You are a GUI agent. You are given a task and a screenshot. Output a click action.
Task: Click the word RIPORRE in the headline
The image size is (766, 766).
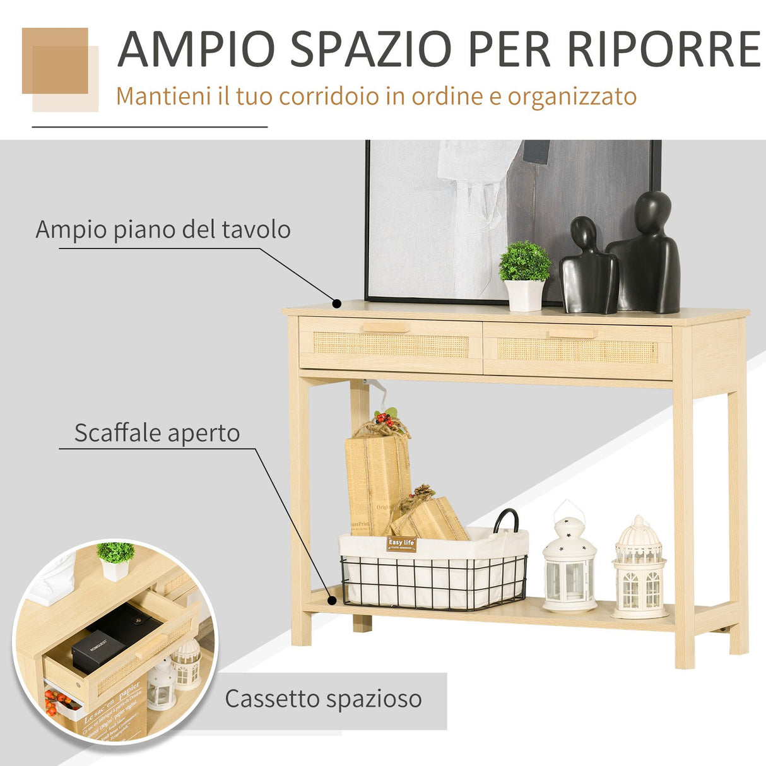pyautogui.click(x=663, y=49)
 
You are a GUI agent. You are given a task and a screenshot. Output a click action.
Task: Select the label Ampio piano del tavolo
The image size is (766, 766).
pyautogui.click(x=163, y=229)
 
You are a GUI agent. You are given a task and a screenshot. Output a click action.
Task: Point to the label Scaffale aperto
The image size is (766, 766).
pyautogui.click(x=157, y=433)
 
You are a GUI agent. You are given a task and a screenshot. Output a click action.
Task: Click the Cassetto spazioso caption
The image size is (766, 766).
pyautogui.click(x=323, y=699)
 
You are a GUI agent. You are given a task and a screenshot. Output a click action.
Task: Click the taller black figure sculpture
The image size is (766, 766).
pyautogui.click(x=647, y=252)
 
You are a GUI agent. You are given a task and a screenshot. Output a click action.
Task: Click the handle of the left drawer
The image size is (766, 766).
pyautogui.click(x=386, y=328)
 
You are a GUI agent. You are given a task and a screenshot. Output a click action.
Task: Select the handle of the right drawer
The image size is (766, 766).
pyautogui.click(x=572, y=333)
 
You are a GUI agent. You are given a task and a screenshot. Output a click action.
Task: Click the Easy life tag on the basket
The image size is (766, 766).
pyautogui.click(x=401, y=543)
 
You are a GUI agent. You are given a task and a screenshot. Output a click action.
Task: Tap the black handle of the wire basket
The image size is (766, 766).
pyautogui.click(x=506, y=521)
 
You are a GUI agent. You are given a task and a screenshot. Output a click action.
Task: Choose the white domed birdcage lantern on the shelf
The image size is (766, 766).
pyautogui.click(x=639, y=568)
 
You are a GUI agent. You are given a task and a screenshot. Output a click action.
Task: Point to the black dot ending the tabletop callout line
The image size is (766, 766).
pyautogui.click(x=337, y=303)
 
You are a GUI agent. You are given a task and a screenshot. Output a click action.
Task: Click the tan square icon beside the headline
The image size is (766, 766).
pyautogui.click(x=56, y=61)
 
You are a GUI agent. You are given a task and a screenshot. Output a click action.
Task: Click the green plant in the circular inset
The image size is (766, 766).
pyautogui.click(x=115, y=553)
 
